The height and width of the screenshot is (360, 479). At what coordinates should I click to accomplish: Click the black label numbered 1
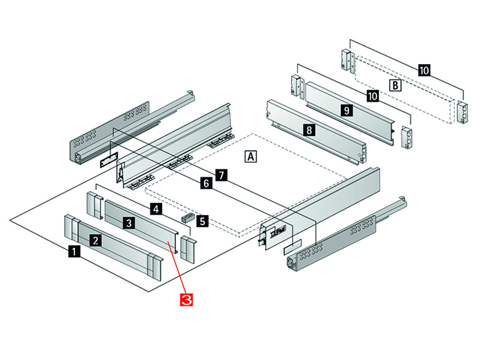73,252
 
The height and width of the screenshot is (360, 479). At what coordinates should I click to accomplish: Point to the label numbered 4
155,209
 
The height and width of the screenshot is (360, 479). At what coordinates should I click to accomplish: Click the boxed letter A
251,156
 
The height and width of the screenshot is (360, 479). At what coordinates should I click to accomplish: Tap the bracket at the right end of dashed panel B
463,113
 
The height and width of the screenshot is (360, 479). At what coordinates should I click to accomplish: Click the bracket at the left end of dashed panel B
346,58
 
